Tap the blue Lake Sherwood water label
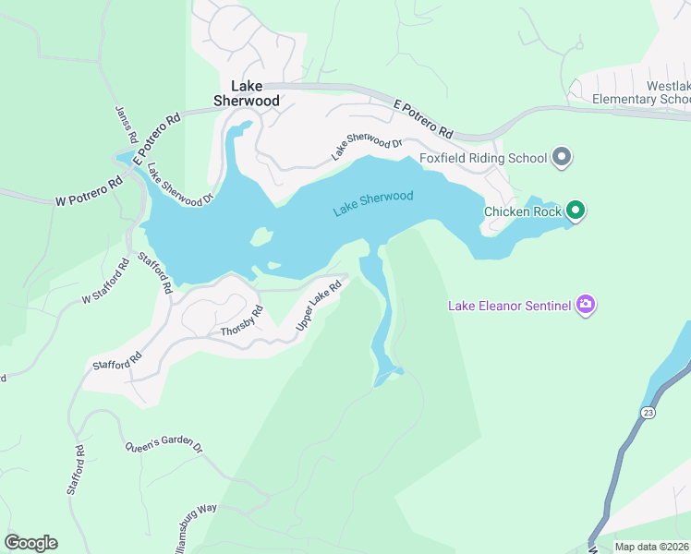(x=372, y=203)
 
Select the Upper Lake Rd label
(x=319, y=307)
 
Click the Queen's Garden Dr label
(x=164, y=444)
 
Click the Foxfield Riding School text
(x=483, y=158)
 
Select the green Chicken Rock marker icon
(x=576, y=211)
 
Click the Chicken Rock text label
(x=523, y=212)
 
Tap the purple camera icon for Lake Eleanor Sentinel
(x=585, y=304)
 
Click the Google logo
(x=30, y=543)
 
